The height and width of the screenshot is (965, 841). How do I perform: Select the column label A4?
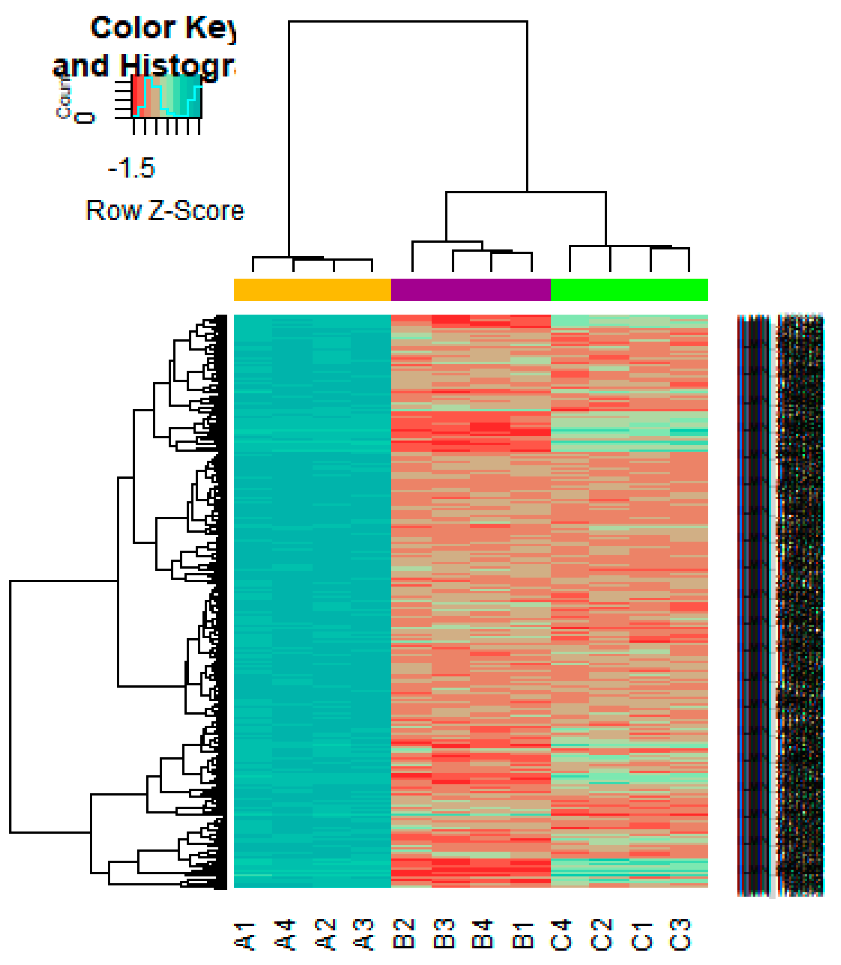(285, 934)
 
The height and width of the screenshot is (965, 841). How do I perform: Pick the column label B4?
(484, 934)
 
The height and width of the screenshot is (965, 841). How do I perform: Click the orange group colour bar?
(312, 290)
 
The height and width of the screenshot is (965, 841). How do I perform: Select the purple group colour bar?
(471, 290)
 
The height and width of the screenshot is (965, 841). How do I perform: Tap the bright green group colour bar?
(629, 290)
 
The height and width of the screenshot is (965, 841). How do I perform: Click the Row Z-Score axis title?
(165, 211)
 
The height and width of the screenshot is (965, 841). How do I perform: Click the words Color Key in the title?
(162, 28)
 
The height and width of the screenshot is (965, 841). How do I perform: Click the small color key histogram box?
(167, 96)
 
